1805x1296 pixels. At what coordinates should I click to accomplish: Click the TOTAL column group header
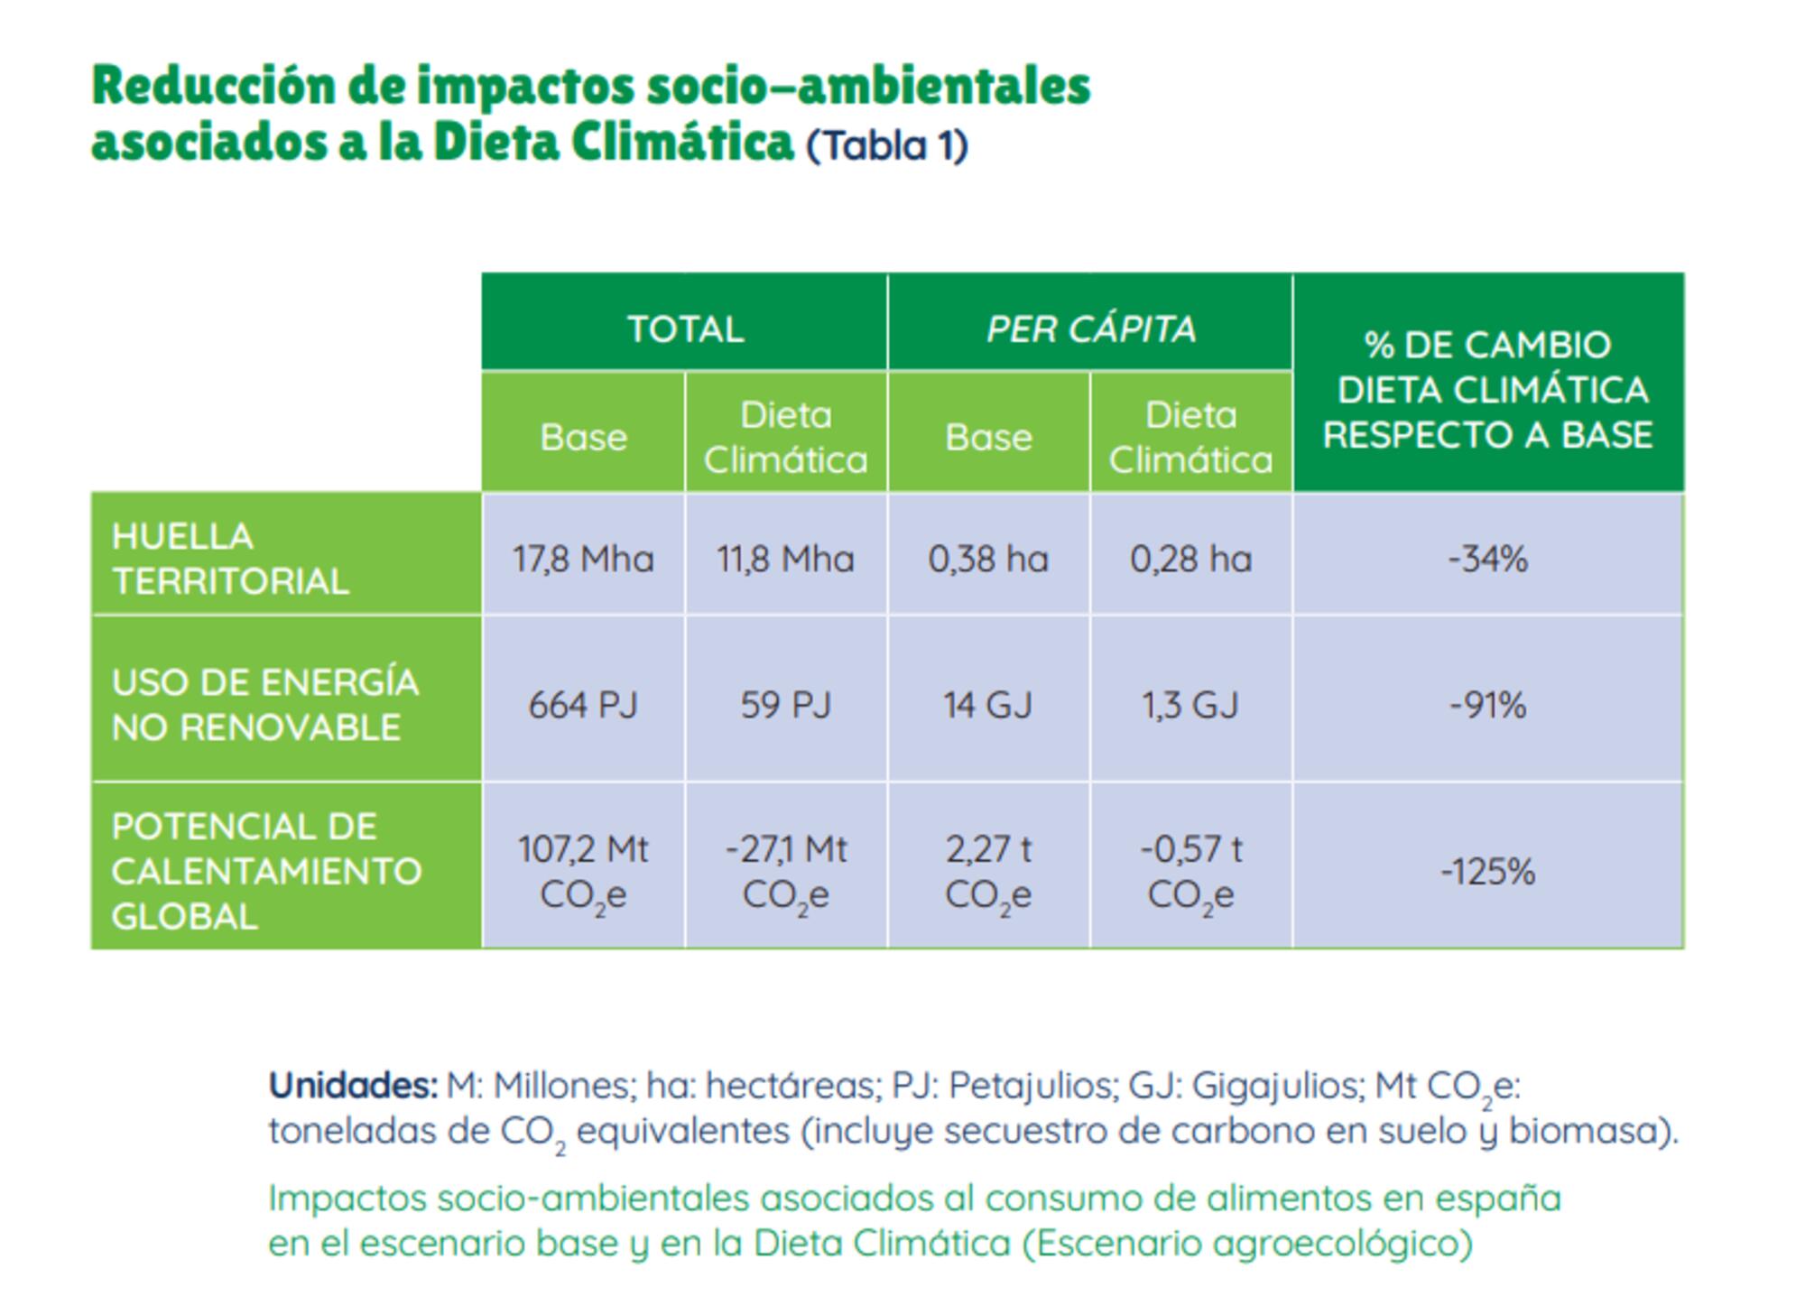[685, 329]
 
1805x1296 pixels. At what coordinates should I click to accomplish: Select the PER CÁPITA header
[1090, 329]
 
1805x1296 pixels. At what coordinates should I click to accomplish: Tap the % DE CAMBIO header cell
[1487, 389]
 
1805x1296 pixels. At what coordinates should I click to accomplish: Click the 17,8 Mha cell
[583, 559]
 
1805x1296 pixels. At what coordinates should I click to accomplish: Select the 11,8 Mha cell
[785, 559]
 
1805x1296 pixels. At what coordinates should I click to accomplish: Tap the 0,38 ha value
[988, 559]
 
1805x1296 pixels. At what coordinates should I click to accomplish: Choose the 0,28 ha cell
[1190, 559]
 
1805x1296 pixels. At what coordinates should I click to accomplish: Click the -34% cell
[1487, 559]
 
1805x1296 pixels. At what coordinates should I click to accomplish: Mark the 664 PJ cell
[583, 705]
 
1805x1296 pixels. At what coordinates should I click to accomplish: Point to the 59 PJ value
[785, 705]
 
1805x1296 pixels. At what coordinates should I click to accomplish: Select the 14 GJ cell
[988, 705]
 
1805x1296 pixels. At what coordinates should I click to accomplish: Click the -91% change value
[1487, 705]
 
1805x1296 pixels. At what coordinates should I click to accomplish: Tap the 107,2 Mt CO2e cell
[583, 872]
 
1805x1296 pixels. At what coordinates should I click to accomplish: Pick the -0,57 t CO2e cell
[1190, 872]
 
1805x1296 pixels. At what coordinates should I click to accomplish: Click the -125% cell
[1487, 872]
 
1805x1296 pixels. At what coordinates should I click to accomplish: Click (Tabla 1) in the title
[886, 146]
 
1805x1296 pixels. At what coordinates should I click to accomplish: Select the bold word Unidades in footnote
[353, 1085]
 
